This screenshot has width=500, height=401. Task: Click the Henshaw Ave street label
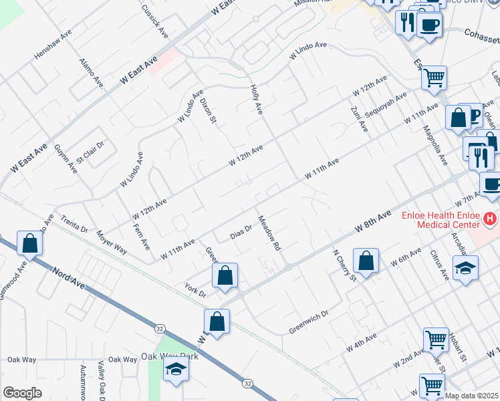coord(52,46)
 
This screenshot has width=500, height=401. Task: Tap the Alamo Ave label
coord(92,73)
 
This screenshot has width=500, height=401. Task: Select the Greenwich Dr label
coord(309,321)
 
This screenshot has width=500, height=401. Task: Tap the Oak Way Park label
coord(162,357)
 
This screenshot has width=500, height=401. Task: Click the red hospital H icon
coord(491,218)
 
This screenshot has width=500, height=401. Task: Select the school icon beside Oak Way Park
coord(175,368)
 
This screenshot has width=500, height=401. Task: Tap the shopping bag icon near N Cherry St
coord(366,261)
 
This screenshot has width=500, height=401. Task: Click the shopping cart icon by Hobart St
coord(436,339)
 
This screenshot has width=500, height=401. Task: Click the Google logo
coord(22,393)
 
